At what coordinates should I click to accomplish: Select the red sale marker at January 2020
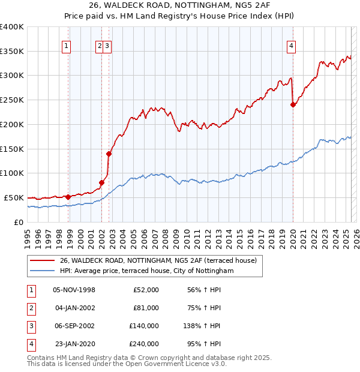[293, 104]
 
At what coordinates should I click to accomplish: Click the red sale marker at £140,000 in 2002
[109, 153]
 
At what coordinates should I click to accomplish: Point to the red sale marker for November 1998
[68, 196]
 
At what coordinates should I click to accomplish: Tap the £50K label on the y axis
[14, 197]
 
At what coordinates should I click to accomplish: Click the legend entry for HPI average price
[146, 271]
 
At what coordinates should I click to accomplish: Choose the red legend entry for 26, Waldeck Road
[158, 260]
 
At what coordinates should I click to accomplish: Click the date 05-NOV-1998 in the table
[74, 290]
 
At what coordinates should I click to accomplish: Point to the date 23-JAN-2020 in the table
[74, 344]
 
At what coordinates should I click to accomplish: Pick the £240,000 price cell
[143, 344]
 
